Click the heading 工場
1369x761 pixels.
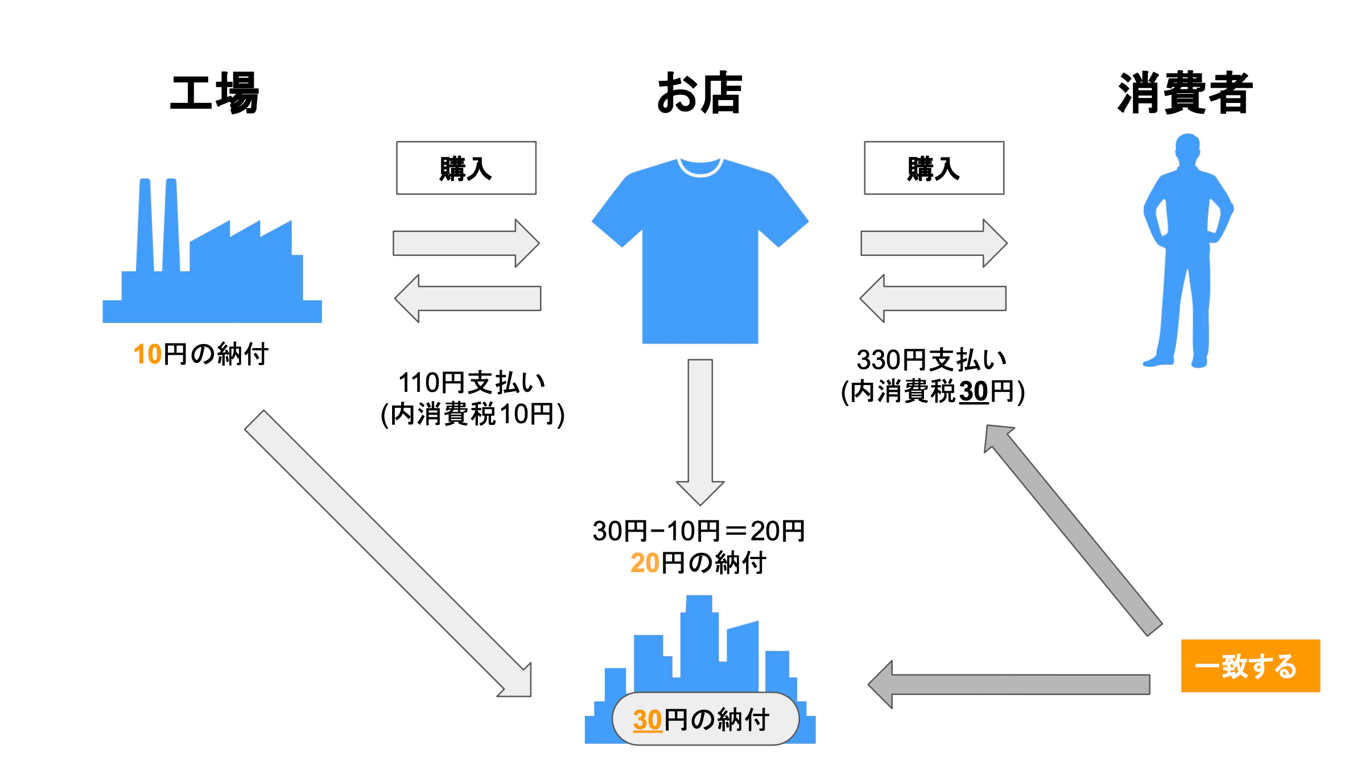point(215,93)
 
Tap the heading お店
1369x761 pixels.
point(699,93)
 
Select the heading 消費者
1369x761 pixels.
point(1185,93)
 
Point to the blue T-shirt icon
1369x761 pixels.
point(700,250)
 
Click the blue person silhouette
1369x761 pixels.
point(1186,250)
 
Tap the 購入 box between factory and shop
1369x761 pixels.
point(466,168)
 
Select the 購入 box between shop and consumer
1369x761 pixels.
point(934,168)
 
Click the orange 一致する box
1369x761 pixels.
point(1250,665)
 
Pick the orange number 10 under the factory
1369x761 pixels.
point(147,354)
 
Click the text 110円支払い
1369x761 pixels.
point(472,383)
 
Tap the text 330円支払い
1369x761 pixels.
point(931,360)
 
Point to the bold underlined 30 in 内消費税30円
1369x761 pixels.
point(974,392)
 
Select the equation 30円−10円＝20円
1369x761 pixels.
point(699,531)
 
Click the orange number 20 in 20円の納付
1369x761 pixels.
point(645,563)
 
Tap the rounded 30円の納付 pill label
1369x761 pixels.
point(705,719)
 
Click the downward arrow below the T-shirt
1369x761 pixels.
point(700,432)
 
